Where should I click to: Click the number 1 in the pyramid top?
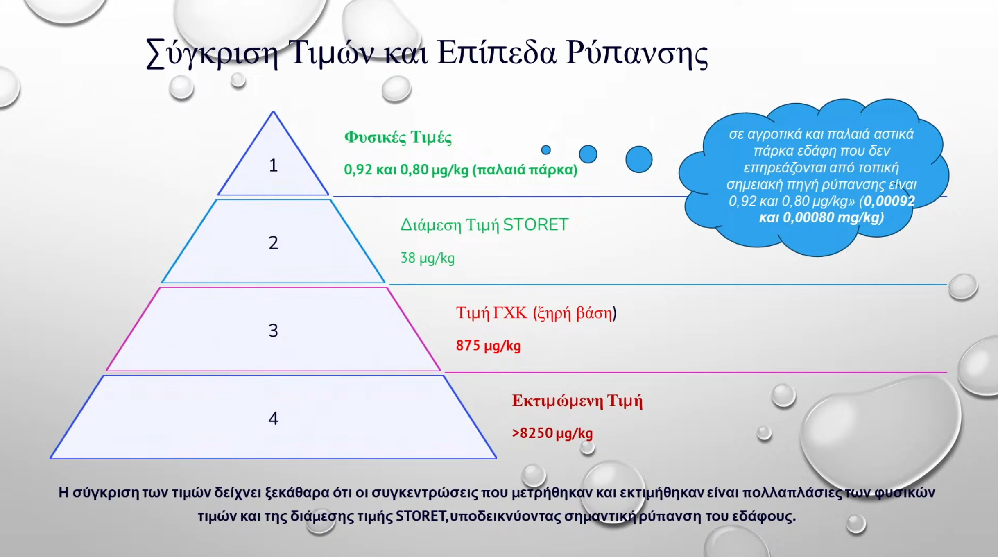pos(274,165)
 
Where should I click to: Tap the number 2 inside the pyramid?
pos(274,243)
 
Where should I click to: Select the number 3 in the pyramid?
pos(273,331)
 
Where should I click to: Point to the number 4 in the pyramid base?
pos(274,419)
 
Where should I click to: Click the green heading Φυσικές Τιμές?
pos(398,138)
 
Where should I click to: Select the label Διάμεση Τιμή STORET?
pos(484,225)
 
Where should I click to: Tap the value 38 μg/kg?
pos(428,258)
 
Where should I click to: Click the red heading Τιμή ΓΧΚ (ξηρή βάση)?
pos(536,313)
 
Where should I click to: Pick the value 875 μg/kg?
pos(489,346)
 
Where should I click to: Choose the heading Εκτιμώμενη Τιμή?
pos(577,401)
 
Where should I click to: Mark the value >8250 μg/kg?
pos(552,433)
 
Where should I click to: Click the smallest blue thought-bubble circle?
pos(546,150)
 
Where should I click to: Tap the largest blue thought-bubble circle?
pos(639,159)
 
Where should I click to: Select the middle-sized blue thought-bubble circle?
pos(588,154)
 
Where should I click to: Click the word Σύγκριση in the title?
pos(213,54)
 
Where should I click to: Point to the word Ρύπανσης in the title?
pos(637,54)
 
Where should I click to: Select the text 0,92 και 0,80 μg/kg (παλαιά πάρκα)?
pos(461,170)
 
